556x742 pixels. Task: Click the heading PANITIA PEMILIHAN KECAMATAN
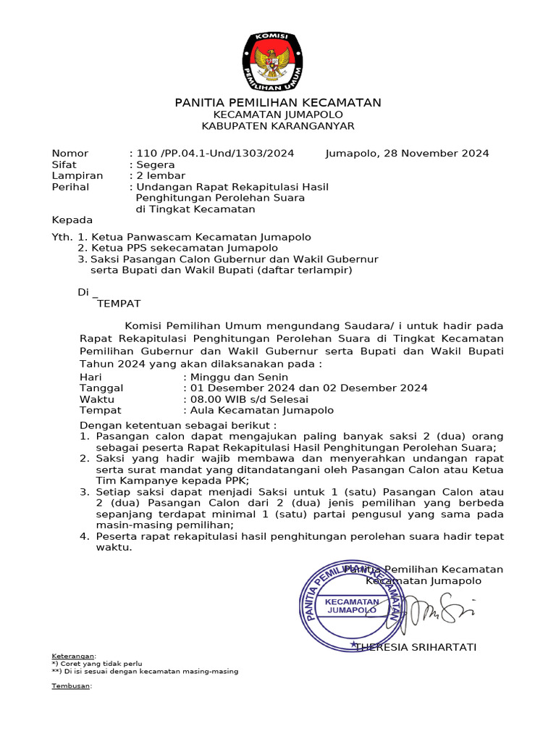278,103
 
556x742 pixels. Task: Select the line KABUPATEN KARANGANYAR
278,126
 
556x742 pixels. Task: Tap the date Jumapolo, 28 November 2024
407,153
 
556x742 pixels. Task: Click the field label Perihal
70,187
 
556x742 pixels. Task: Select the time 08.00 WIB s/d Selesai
249,399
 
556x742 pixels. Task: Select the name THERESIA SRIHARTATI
416,647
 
